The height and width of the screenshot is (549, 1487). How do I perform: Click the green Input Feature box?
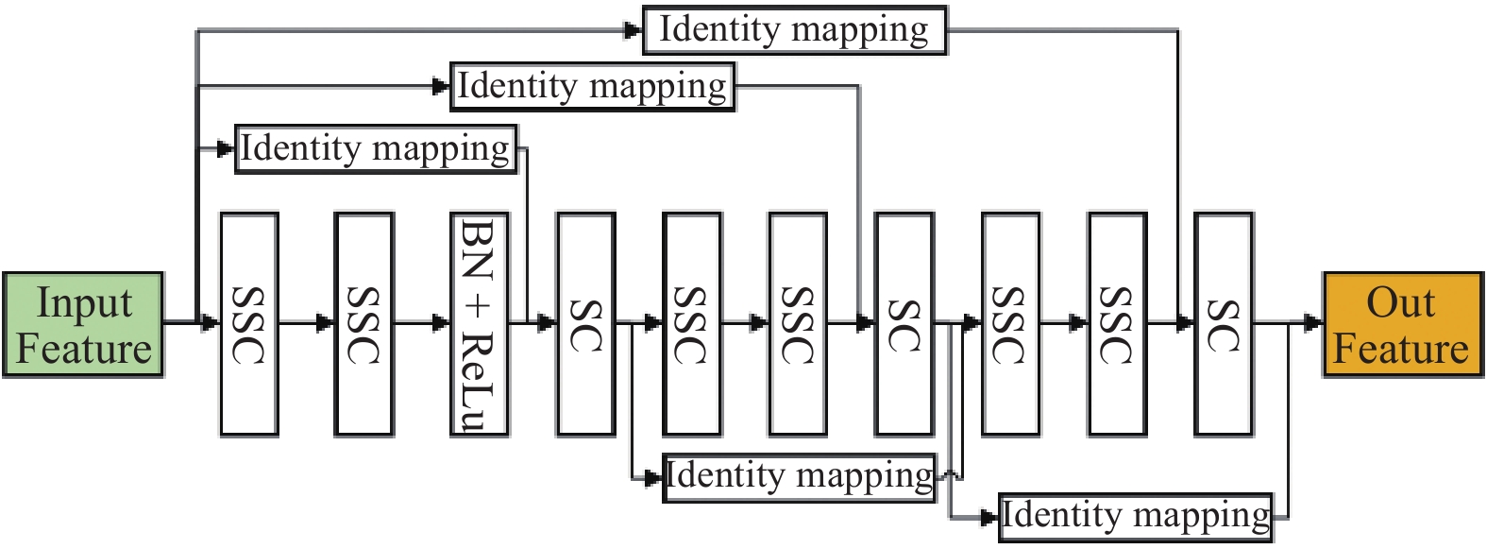click(x=83, y=325)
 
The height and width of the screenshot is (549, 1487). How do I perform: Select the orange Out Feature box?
click(x=1402, y=325)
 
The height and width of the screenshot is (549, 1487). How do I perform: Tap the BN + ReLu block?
click(x=480, y=323)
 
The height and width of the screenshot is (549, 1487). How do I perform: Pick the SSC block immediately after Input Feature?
click(x=249, y=323)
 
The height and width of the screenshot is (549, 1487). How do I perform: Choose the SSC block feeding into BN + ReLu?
click(x=364, y=323)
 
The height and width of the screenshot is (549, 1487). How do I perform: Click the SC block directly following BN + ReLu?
click(x=586, y=323)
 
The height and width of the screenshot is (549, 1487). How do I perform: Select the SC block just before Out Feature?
click(x=1224, y=323)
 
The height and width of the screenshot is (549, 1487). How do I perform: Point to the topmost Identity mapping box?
click(x=794, y=30)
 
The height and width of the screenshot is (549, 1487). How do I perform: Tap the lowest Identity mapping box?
click(x=1136, y=516)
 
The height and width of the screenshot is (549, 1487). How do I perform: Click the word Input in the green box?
click(x=84, y=304)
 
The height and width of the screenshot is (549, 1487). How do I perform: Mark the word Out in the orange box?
click(x=1401, y=303)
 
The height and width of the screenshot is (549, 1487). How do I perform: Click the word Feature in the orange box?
click(x=1401, y=348)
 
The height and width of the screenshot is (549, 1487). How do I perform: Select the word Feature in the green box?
click(x=84, y=349)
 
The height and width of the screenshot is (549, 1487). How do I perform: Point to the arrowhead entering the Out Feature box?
click(x=1313, y=323)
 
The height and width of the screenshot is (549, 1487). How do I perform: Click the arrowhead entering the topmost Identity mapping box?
click(x=633, y=30)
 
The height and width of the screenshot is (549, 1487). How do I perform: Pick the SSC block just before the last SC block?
click(x=1118, y=323)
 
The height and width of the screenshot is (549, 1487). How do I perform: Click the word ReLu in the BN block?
click(x=480, y=382)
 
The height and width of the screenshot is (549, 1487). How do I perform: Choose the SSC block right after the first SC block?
click(x=693, y=323)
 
